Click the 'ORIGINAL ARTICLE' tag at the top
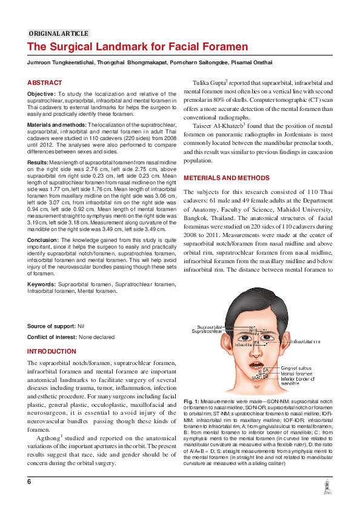click(59, 33)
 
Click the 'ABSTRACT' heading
click(44, 82)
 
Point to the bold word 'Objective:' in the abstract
click(41, 94)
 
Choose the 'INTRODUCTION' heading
click(52, 352)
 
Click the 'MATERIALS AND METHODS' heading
click(226, 178)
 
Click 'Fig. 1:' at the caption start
click(191, 401)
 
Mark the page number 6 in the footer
click(28, 481)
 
